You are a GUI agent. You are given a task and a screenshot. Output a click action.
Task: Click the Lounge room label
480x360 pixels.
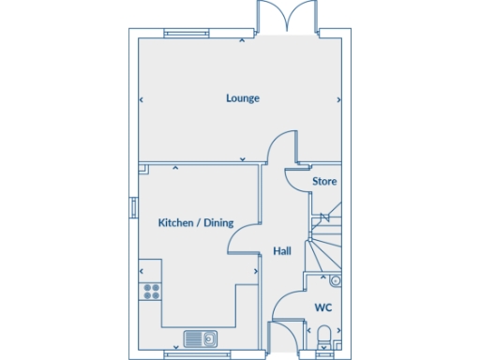coord(242,98)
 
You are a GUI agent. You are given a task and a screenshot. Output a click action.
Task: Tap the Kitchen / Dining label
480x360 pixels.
coord(195,223)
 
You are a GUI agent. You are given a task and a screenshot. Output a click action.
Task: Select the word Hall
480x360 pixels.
coord(281,251)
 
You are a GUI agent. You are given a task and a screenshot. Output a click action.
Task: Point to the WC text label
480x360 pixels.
coord(322,307)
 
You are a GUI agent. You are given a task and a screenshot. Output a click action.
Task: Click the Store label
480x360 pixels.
coord(324,181)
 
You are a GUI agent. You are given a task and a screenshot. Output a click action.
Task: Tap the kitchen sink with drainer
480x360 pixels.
coord(201,338)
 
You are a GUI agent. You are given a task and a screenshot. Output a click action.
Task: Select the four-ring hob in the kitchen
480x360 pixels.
coord(150,291)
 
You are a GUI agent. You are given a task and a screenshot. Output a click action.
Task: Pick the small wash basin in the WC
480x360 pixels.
coord(336,280)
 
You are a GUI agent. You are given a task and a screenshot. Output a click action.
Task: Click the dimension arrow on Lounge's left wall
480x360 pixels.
coord(142,98)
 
